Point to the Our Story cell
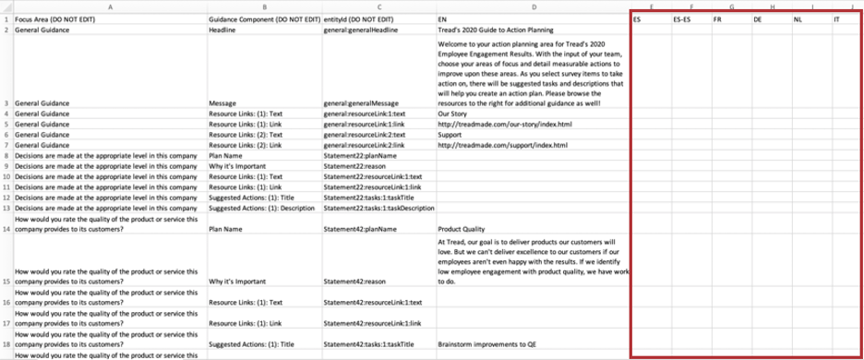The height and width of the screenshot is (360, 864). point(454,114)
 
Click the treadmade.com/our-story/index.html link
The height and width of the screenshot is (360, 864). point(506,124)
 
